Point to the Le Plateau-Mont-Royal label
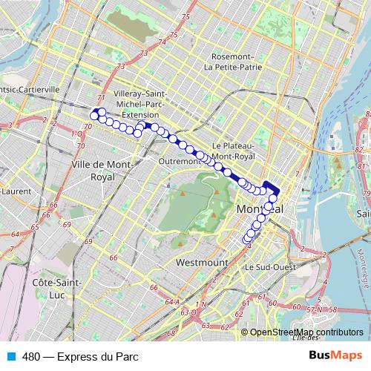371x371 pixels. [x=233, y=151]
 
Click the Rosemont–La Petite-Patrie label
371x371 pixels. [x=233, y=62]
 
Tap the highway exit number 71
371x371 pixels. [x=101, y=98]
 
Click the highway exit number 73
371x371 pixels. [x=141, y=53]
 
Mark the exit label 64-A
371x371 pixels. [x=172, y=301]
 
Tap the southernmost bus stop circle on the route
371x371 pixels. [x=247, y=240]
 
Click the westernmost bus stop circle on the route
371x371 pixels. [x=94, y=115]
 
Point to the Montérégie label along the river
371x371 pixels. [x=362, y=267]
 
